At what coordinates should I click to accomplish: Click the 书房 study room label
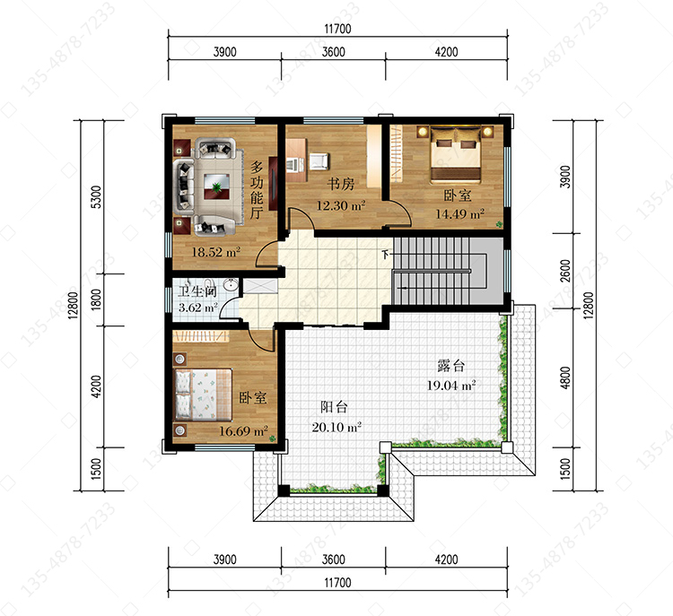tap(341, 184)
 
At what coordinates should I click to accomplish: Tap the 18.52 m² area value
tap(216, 252)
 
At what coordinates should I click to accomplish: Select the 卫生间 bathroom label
tap(198, 291)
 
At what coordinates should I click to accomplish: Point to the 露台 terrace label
tap(451, 366)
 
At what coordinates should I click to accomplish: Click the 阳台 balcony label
tap(335, 407)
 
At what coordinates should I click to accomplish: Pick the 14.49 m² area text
tap(460, 213)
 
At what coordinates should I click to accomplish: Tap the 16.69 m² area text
tap(244, 430)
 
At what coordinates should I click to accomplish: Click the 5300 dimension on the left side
tap(97, 197)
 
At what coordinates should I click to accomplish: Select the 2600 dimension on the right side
tap(565, 271)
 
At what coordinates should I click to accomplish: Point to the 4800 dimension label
tap(565, 377)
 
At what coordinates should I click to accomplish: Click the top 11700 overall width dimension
tap(337, 29)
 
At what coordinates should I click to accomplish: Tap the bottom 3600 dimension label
tap(334, 560)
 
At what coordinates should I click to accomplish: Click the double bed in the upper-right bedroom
tap(455, 153)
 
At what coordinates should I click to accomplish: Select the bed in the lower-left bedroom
tap(203, 395)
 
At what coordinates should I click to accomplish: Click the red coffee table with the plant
tap(217, 187)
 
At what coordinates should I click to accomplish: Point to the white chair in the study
tap(319, 161)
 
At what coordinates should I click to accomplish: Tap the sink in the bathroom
tap(231, 285)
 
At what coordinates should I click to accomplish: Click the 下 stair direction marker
tap(386, 255)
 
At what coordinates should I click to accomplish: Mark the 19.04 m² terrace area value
tap(451, 386)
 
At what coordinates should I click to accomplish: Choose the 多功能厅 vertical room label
tap(257, 190)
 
